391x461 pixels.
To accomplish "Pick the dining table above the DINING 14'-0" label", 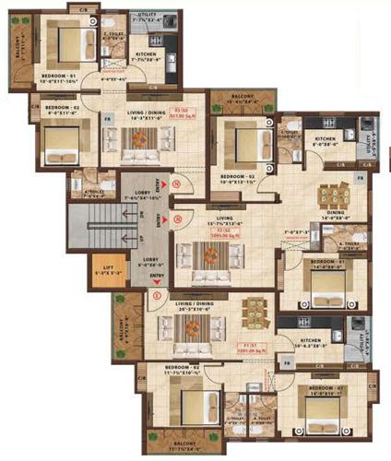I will pyautogui.click(x=333, y=195).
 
